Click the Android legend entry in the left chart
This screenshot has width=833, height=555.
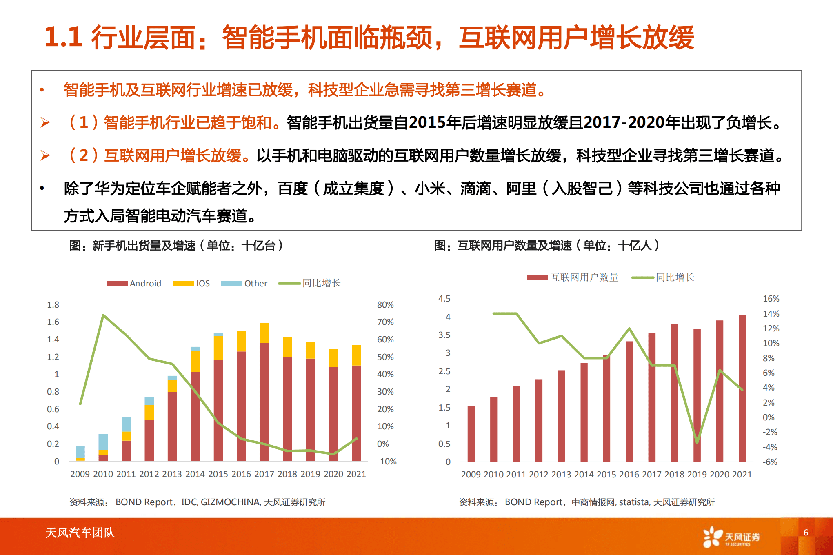click(134, 283)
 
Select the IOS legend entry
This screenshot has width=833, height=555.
click(191, 283)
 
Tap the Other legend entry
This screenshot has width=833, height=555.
click(244, 283)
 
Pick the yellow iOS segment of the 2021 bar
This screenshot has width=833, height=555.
click(356, 355)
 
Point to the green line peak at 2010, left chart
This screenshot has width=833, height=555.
click(103, 315)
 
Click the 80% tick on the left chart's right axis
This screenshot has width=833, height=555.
click(385, 305)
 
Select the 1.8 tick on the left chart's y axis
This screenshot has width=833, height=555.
click(53, 305)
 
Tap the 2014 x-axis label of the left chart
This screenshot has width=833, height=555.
click(195, 474)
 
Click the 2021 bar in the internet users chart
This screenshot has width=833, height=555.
click(742, 388)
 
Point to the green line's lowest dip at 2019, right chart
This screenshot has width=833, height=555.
click(697, 442)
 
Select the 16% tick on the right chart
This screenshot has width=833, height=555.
click(771, 299)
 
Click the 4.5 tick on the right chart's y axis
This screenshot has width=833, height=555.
click(444, 299)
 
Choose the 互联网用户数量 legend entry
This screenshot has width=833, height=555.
click(573, 277)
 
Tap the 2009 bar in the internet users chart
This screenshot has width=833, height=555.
click(471, 433)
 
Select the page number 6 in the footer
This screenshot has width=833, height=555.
click(806, 532)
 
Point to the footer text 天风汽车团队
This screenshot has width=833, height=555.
click(80, 533)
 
